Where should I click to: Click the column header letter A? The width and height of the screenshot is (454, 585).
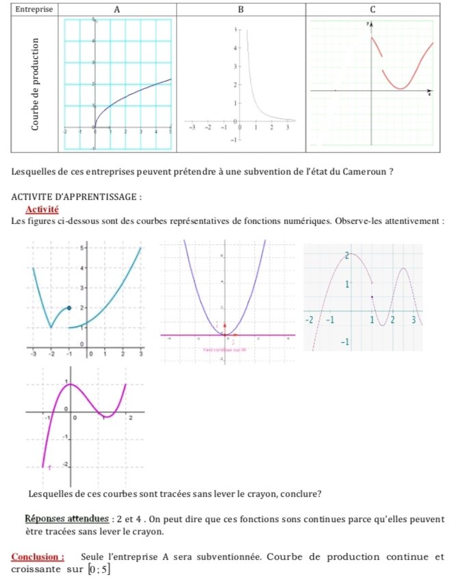click(x=117, y=10)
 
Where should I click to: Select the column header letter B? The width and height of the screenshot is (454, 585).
click(x=241, y=10)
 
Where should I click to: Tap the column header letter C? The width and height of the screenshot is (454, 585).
click(x=372, y=10)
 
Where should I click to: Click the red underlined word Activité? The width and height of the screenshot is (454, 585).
click(x=42, y=209)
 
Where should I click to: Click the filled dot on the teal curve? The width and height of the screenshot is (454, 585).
click(x=69, y=308)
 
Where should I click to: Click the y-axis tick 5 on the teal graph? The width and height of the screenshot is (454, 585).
click(x=82, y=247)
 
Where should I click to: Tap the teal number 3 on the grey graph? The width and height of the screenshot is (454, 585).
click(x=414, y=320)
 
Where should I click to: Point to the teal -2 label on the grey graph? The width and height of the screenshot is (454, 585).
click(x=309, y=320)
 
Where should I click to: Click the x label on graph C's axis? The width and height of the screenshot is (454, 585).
click(x=430, y=95)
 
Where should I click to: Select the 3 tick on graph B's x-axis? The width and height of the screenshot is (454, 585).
click(x=288, y=128)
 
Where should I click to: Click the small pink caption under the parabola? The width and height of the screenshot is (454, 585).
click(x=225, y=349)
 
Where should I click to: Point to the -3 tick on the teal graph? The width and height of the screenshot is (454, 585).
click(x=32, y=354)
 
